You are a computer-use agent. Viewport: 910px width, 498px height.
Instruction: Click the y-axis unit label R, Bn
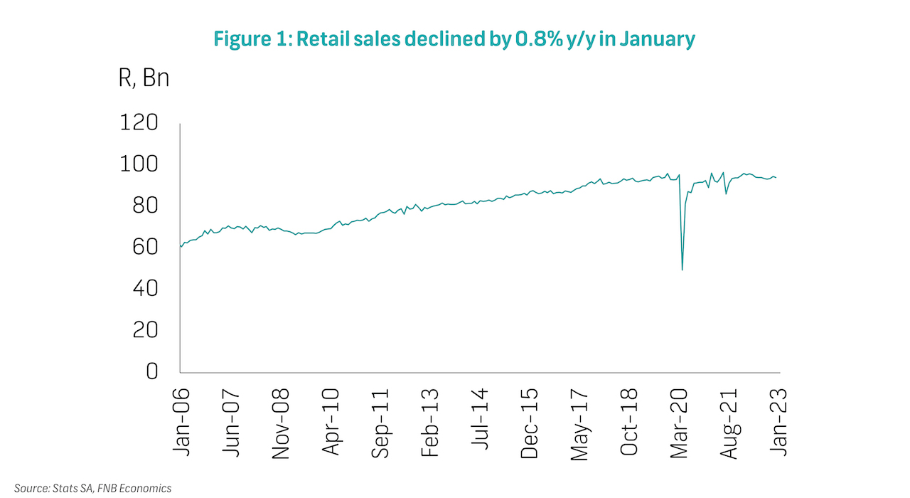tap(144, 78)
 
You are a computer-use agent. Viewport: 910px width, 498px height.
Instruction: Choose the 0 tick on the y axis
tap(152, 371)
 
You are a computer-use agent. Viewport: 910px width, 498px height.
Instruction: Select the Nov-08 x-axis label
tap(280, 413)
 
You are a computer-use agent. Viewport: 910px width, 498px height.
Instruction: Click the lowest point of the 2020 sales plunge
tap(682, 270)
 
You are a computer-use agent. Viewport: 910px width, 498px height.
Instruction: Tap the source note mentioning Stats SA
tap(93, 488)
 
